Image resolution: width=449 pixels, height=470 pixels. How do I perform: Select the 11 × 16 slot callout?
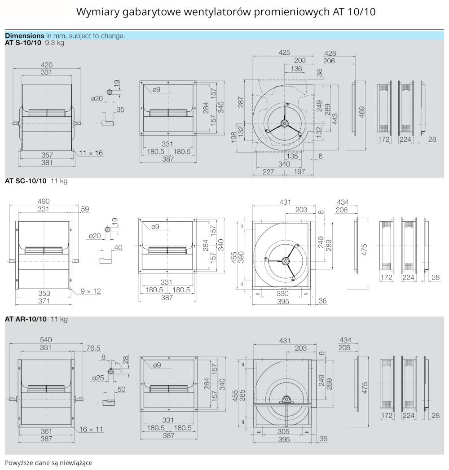coord(91,153)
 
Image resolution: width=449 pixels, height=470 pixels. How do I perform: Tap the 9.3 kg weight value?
coord(55,43)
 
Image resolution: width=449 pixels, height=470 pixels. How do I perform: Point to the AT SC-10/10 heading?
coord(26,181)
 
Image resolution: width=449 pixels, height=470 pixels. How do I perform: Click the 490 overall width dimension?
coord(44,202)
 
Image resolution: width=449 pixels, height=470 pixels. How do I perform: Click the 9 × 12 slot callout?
coord(91,291)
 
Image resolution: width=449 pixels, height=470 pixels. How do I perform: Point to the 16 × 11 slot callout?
coord(91,429)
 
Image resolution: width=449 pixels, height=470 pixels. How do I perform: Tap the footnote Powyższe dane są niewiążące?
coord(49,462)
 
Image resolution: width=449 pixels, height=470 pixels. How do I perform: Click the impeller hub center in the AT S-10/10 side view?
coord(284,123)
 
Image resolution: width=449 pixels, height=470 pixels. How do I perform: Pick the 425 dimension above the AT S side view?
coord(284,53)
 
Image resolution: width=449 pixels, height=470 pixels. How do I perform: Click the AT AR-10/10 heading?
coord(26,319)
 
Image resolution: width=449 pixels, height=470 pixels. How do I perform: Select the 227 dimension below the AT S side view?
coord(269,171)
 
